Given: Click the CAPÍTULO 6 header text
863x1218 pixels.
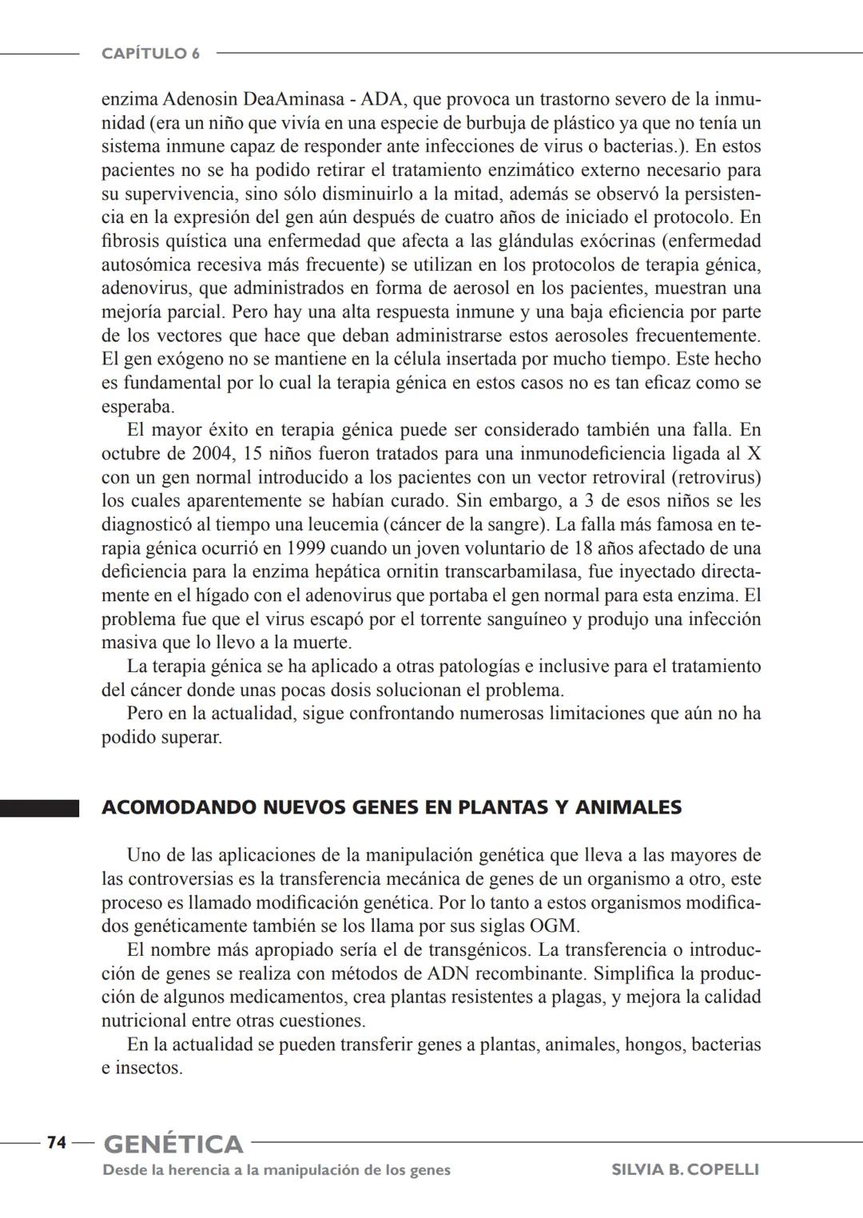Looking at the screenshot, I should point(150,54).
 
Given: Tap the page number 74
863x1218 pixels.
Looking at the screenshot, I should point(56,1142).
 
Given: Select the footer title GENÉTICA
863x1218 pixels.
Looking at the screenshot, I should point(173,1144).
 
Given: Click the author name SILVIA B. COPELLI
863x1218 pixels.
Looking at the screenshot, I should point(685,1169).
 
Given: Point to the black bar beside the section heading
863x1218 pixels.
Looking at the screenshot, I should point(39,808).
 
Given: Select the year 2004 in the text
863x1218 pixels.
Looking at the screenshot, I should point(213,454).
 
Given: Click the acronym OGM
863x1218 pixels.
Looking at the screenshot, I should point(554,926).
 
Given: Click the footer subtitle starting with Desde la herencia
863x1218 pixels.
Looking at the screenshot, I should point(276,1169).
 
